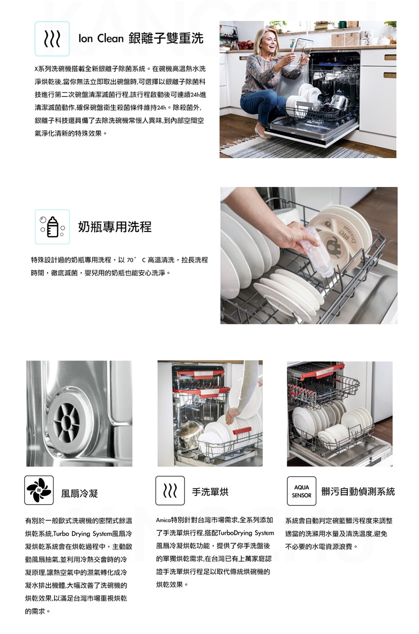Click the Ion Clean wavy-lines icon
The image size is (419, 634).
tap(52, 38)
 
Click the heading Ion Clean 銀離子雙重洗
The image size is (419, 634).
tap(141, 38)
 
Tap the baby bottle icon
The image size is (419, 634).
tap(52, 227)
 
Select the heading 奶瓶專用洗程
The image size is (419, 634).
tap(115, 227)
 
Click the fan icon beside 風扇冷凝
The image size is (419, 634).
tap(39, 490)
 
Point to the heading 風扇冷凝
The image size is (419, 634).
tap(79, 493)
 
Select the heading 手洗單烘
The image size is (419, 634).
tap(210, 492)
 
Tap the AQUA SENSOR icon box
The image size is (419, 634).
tap(302, 491)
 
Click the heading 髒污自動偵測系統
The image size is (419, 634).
tap(358, 491)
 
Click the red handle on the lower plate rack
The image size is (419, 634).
tap(242, 431)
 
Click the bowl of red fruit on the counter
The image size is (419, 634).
tap(246, 45)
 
